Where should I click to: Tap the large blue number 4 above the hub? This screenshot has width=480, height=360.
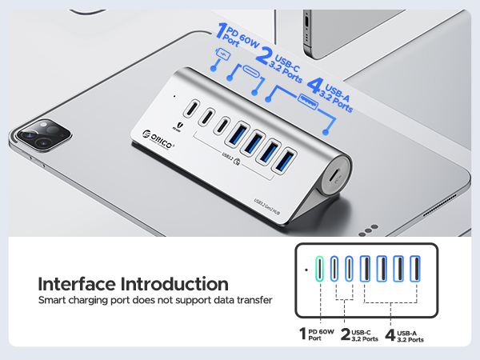[314, 86]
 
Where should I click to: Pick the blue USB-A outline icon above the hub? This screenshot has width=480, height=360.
[306, 99]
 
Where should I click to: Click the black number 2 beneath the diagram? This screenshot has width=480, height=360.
[345, 335]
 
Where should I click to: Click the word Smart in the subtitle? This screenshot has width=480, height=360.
[53, 301]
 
